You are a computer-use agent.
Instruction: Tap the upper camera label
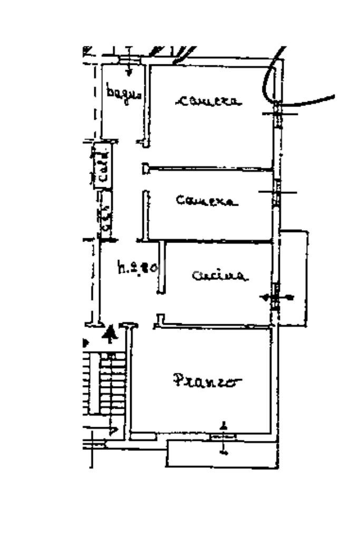[x=210, y=100]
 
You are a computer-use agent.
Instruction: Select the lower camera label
[x=206, y=200]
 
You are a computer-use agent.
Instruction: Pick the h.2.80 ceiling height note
[x=137, y=268]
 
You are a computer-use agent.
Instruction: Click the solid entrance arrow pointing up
[x=110, y=334]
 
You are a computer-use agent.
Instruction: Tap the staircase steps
[x=111, y=385]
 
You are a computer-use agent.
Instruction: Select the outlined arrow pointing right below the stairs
[x=112, y=430]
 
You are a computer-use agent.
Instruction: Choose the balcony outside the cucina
[x=294, y=277]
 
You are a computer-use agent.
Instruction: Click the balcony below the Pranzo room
[x=221, y=454]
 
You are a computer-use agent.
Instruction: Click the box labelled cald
[x=103, y=165]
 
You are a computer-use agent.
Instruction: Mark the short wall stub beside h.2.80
[x=161, y=266]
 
